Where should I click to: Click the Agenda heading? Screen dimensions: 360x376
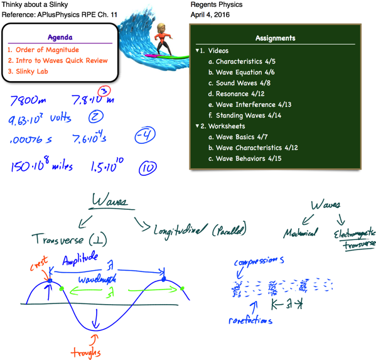(60, 37)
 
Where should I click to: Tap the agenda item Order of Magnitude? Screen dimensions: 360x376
(43, 50)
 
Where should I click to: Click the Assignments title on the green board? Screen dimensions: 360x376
(275, 38)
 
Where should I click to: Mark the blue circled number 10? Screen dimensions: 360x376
(148, 167)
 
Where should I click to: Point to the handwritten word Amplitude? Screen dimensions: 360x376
(80, 258)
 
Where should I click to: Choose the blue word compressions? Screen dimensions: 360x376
(259, 259)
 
